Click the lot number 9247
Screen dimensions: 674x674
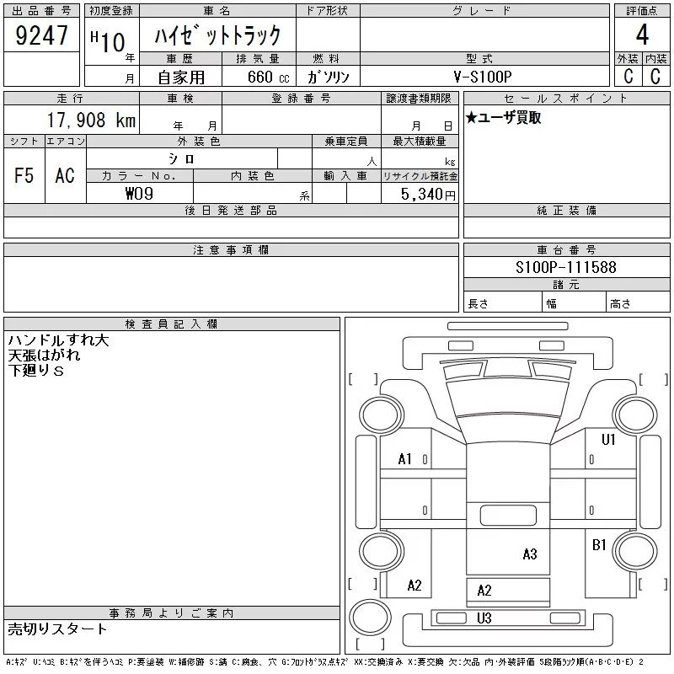click(42, 35)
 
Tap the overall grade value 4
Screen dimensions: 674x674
click(642, 35)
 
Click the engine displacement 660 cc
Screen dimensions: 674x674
click(259, 77)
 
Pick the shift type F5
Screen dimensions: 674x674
click(24, 176)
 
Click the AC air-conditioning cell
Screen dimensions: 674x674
click(65, 176)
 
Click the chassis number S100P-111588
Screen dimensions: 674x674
click(566, 268)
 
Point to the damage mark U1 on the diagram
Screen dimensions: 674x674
click(608, 439)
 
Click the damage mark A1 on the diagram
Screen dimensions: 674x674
click(405, 459)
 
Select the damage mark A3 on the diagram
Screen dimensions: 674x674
click(529, 554)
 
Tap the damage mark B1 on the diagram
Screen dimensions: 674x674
click(599, 545)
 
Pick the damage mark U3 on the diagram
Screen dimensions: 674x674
click(484, 618)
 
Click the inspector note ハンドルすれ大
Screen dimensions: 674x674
click(59, 340)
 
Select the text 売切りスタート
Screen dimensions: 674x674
click(58, 629)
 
